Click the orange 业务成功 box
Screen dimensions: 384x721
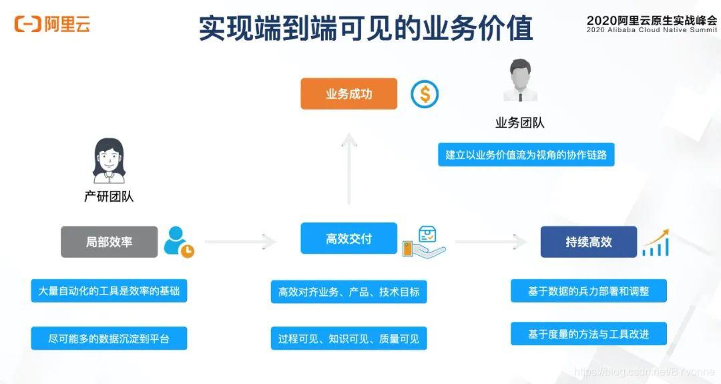tap(348, 93)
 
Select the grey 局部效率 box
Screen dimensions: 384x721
tap(109, 242)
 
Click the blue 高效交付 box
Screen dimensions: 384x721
tap(348, 238)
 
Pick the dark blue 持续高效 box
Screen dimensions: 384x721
tap(588, 242)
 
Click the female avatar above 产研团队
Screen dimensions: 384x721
tap(109, 160)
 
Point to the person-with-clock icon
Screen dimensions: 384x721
tap(178, 242)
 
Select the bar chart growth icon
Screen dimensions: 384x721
tap(656, 242)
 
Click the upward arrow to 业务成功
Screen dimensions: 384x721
tap(348, 167)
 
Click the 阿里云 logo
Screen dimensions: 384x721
tap(52, 25)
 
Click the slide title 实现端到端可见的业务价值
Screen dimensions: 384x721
tap(366, 28)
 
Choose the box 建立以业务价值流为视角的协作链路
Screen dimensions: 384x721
tap(526, 155)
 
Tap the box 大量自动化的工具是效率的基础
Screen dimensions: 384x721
tap(109, 291)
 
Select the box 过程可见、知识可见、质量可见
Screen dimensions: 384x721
tap(348, 339)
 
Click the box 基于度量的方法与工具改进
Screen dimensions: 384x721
tap(588, 334)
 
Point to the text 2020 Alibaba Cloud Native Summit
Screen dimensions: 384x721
tap(652, 30)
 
